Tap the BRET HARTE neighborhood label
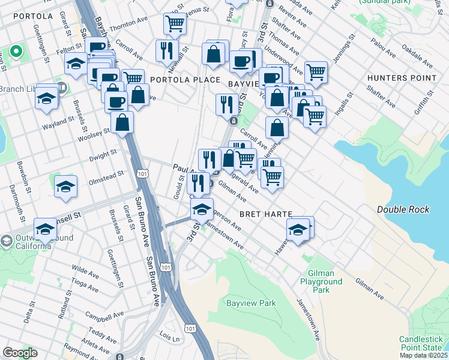tap(266, 214)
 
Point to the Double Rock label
tap(403, 209)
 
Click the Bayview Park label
tap(251, 303)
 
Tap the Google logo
tap(20, 353)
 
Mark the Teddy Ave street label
tap(98, 331)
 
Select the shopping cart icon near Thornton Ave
tap(175, 23)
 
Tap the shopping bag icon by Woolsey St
tap(122, 122)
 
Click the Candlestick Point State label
tap(423, 343)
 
